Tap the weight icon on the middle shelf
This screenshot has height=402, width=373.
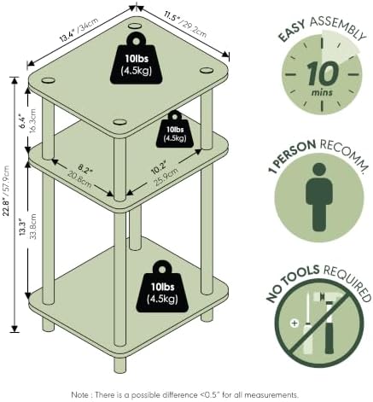click(x=175, y=130)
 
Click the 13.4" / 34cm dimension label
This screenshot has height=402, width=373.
click(x=79, y=31)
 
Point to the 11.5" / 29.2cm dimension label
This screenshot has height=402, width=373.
click(x=185, y=24)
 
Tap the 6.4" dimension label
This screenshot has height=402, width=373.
click(x=23, y=121)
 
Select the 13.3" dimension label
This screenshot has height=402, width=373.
click(x=23, y=228)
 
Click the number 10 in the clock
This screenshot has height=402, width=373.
click(x=323, y=73)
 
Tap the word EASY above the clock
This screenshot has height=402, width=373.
click(x=292, y=31)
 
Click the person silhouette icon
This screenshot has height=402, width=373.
click(x=319, y=197)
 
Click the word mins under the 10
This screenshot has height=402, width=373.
click(x=322, y=92)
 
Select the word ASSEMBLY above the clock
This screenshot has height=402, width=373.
click(x=337, y=28)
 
